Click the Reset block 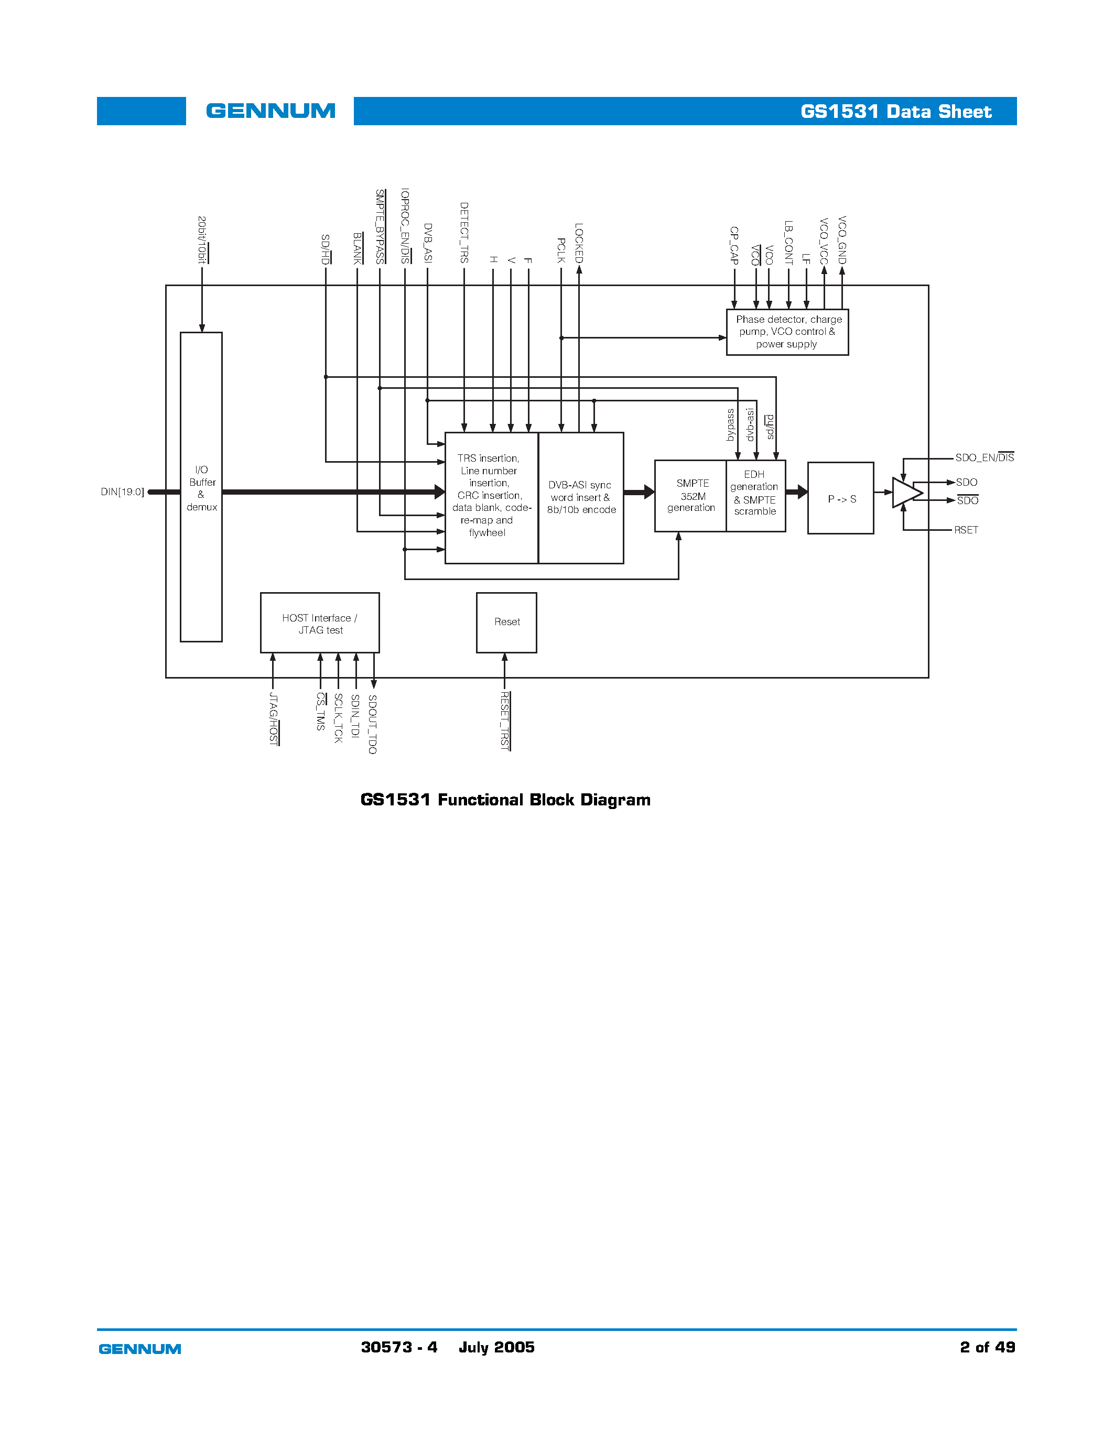[x=506, y=622]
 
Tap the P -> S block [x=840, y=498]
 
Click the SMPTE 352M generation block [x=690, y=496]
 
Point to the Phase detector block [x=787, y=332]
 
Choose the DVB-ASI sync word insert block [x=581, y=497]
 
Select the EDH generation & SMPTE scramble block [x=755, y=493]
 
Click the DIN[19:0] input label [x=122, y=492]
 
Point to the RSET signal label [x=966, y=530]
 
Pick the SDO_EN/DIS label [x=984, y=457]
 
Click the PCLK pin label [x=561, y=250]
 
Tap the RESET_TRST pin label [x=505, y=720]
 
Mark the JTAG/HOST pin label [x=273, y=718]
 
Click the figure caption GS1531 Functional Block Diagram [x=505, y=800]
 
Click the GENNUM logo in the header [x=270, y=111]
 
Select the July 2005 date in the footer [x=496, y=1347]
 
